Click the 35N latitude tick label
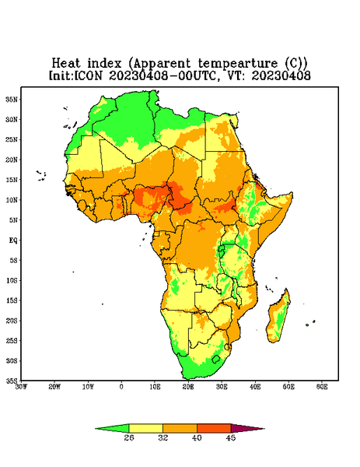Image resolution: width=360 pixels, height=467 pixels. (x=12, y=99)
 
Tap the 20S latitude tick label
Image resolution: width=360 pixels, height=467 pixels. (x=12, y=321)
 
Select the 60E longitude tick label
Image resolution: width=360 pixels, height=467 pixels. (x=322, y=387)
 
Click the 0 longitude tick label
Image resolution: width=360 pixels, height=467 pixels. (x=121, y=387)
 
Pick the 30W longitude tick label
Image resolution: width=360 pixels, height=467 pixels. (x=21, y=387)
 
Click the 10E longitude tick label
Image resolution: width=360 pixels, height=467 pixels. (x=155, y=387)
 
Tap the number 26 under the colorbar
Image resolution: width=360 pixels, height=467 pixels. (x=129, y=437)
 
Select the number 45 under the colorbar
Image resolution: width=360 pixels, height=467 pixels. (x=231, y=437)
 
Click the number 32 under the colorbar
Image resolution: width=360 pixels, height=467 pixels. (x=163, y=437)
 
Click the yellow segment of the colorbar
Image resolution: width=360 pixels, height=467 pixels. (x=145, y=428)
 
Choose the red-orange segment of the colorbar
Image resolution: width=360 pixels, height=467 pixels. (x=214, y=428)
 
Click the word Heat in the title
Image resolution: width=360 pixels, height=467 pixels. (x=66, y=63)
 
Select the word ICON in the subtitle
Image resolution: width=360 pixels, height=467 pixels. (x=88, y=75)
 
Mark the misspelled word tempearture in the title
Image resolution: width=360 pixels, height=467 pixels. (x=239, y=64)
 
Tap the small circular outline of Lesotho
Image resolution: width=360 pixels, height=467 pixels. (x=216, y=359)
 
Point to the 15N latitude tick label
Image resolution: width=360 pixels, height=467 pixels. (x=12, y=180)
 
